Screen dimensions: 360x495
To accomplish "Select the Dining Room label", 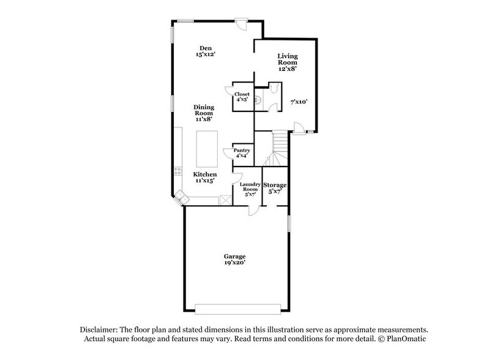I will click(204, 113).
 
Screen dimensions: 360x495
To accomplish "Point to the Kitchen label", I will click(205, 178).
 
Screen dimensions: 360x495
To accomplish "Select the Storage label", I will click(275, 187).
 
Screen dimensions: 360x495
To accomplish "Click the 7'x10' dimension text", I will click(299, 102).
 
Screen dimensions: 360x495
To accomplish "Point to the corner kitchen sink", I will click(181, 197).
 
